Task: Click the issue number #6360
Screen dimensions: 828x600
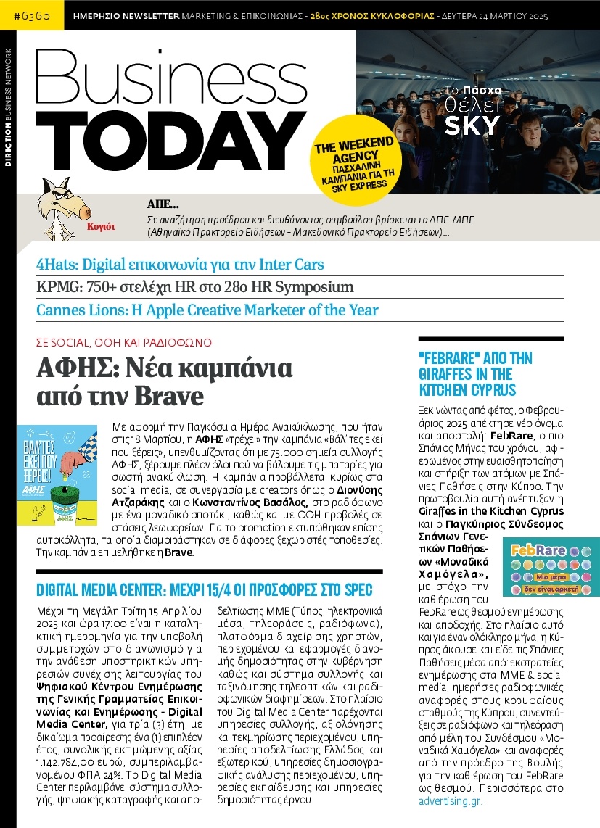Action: [x=31, y=15]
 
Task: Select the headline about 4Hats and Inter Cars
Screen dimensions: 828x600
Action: [x=181, y=265]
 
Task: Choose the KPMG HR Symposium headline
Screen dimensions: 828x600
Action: [x=195, y=287]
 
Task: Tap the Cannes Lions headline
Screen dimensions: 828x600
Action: [x=207, y=310]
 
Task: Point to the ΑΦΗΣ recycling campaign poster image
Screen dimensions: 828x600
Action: [x=57, y=465]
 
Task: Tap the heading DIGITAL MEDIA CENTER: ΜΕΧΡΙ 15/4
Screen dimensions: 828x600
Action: [x=209, y=589]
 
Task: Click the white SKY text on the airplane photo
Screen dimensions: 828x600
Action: [x=472, y=125]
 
